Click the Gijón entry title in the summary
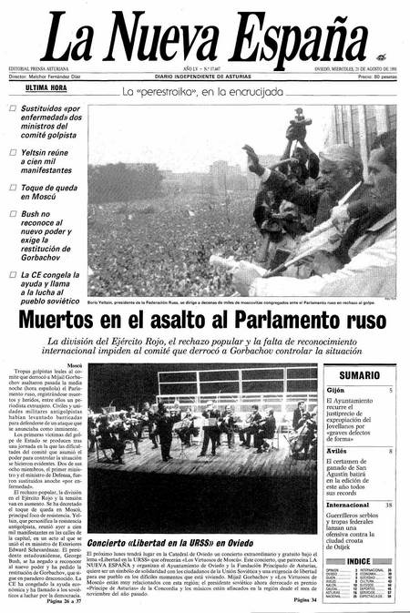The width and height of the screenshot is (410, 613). [x=336, y=390]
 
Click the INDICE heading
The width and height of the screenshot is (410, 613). [x=359, y=561]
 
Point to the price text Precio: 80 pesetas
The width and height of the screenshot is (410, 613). [x=373, y=77]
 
